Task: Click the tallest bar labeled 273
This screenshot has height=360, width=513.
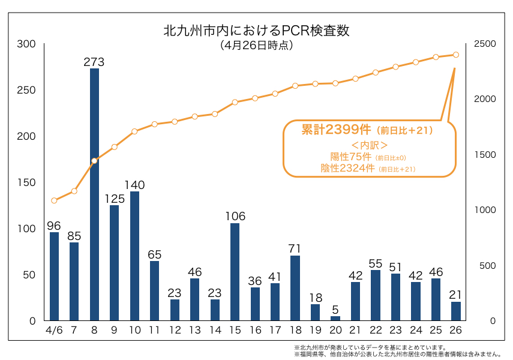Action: (94, 194)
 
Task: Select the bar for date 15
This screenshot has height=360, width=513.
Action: (235, 272)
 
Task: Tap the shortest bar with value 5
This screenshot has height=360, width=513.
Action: (335, 318)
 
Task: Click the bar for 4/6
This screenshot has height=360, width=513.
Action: (54, 276)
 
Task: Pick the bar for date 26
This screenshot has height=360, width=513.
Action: (456, 311)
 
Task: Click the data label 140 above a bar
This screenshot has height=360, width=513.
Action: (134, 184)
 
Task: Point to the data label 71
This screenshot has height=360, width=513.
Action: (295, 248)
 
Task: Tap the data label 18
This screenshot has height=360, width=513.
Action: (315, 297)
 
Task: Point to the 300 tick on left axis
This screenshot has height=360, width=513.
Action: (26, 44)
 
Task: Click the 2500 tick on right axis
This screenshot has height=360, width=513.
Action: (485, 44)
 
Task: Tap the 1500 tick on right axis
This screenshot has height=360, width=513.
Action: (485, 155)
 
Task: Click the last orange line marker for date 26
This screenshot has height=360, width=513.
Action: (456, 55)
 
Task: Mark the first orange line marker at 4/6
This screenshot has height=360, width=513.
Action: (54, 200)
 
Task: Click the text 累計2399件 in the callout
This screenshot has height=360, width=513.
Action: (336, 130)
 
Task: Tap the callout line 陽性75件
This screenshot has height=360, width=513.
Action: (347, 157)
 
